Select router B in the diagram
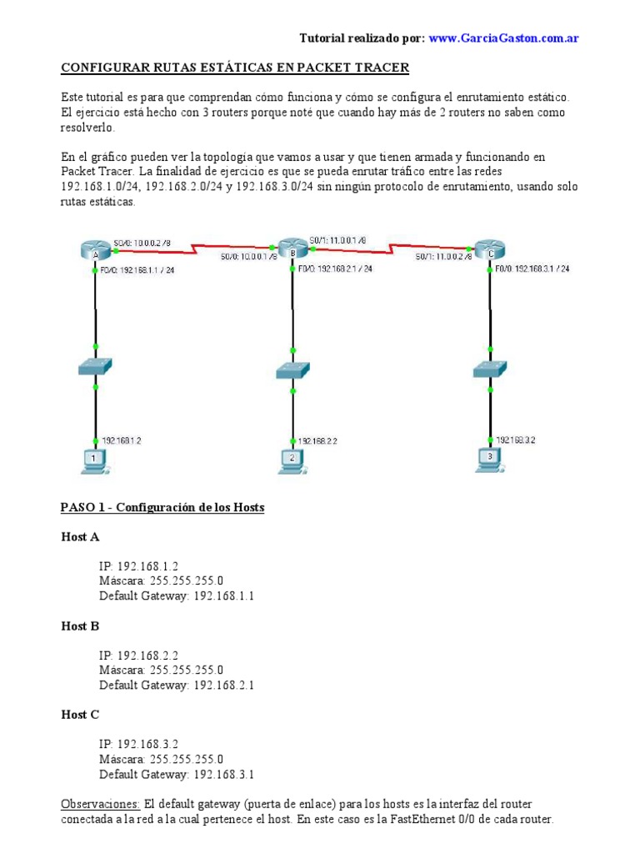coord(292,249)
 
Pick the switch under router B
coord(292,369)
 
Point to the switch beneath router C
coord(487,369)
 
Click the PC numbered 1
coord(94,460)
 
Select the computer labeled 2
coord(291,460)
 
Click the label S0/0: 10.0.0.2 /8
coord(142,243)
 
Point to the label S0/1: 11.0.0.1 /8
coord(337,240)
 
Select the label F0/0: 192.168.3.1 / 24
coord(532,269)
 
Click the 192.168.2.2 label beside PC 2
coord(317,441)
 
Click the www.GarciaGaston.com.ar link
coord(504,38)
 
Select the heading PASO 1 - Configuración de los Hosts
coord(162,507)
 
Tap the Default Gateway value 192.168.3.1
coord(224,774)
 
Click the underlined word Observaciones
coord(100,803)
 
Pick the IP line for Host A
coord(138,565)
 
